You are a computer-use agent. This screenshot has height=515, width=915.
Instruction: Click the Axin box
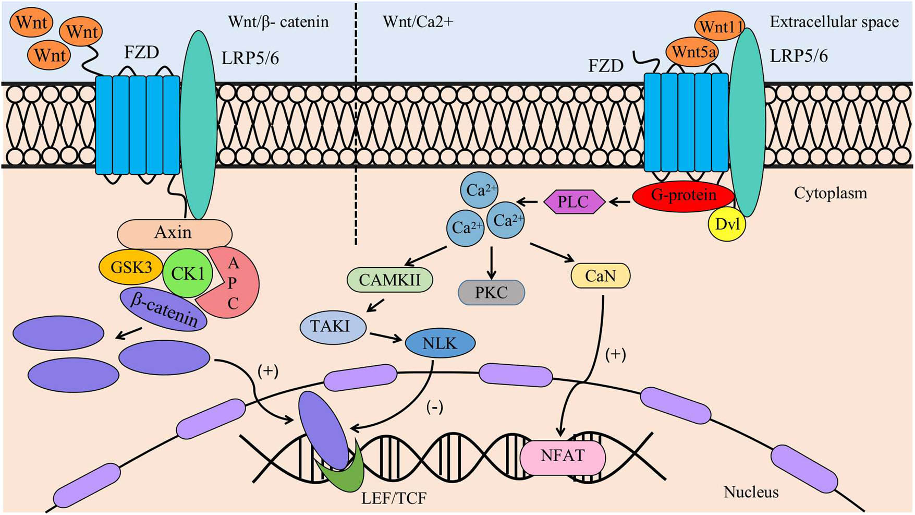(x=174, y=233)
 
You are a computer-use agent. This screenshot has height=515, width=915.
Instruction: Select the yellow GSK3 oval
(x=131, y=268)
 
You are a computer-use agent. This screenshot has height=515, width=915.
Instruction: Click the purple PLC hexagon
(x=574, y=202)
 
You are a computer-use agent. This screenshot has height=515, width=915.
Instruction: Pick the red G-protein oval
(x=683, y=196)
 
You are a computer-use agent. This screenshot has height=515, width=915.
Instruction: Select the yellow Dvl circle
(x=727, y=224)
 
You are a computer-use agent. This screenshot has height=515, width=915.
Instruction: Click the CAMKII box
(x=389, y=280)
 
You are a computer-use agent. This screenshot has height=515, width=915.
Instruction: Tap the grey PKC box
(x=491, y=293)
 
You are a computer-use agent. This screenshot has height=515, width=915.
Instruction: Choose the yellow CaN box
(x=601, y=276)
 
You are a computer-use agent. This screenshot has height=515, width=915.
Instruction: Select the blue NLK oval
(x=440, y=343)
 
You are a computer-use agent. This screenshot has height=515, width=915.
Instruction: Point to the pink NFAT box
(x=563, y=456)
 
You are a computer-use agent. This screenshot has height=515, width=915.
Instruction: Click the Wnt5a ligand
(x=693, y=52)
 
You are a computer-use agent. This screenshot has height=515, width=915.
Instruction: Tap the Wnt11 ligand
(x=721, y=26)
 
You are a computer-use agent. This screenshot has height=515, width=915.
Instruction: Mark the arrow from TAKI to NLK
(x=385, y=337)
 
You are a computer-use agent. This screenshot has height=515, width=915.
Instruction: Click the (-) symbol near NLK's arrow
(x=434, y=406)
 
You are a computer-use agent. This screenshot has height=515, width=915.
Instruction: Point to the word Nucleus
(x=751, y=492)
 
